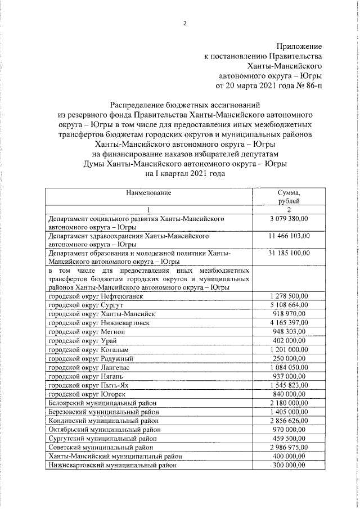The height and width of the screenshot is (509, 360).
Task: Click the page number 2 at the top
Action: click(183, 22)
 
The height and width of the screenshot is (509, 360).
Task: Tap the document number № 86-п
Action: click(308, 86)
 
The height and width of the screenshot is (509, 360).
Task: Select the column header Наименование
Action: click(148, 193)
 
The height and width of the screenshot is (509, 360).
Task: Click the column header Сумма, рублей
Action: click(289, 197)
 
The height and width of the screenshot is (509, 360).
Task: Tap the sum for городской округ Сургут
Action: click(289, 304)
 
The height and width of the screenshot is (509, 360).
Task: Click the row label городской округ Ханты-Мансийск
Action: click(102, 313)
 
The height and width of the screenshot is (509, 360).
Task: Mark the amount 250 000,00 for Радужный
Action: click(289, 358)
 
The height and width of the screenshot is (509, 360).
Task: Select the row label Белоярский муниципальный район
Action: click(102, 403)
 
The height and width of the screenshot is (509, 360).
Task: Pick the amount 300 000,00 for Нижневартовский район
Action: click(289, 466)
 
